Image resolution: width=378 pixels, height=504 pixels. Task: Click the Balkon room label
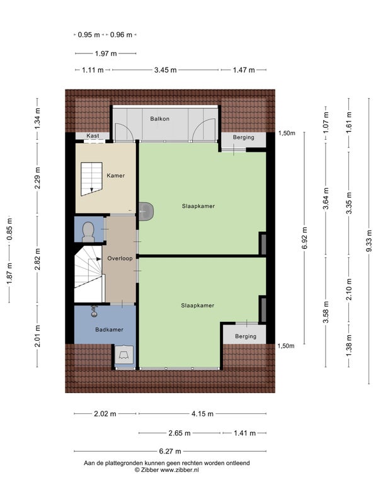pyautogui.click(x=160, y=118)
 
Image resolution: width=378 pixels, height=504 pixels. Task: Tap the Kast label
pyautogui.click(x=93, y=135)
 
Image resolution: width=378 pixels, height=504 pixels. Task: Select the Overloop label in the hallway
pyautogui.click(x=120, y=258)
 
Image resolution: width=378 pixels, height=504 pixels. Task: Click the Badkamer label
pyautogui.click(x=109, y=329)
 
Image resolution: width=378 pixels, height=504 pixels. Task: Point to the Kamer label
pyautogui.click(x=116, y=176)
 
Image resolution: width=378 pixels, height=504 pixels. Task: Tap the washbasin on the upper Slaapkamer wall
pyautogui.click(x=146, y=212)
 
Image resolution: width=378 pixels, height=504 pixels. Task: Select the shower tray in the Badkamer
pyautogui.click(x=124, y=355)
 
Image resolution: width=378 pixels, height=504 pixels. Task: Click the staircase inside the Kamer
pyautogui.click(x=91, y=179)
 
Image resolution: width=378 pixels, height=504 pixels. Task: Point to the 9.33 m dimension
pyautogui.click(x=369, y=241)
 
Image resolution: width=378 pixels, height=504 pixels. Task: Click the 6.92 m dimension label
pyautogui.click(x=305, y=238)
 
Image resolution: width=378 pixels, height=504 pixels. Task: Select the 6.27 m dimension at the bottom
pyautogui.click(x=170, y=451)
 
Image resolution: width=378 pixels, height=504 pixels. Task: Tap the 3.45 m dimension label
pyautogui.click(x=165, y=70)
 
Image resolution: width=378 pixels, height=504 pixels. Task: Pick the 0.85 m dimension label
pyautogui.click(x=9, y=229)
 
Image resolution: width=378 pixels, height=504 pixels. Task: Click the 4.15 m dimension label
pyautogui.click(x=202, y=414)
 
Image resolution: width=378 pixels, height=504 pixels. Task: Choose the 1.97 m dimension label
pyautogui.click(x=106, y=54)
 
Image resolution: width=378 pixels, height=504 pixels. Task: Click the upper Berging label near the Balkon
pyautogui.click(x=244, y=137)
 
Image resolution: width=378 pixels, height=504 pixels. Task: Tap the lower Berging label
pyautogui.click(x=246, y=336)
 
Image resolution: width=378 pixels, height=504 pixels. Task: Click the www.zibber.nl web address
pyautogui.click(x=180, y=469)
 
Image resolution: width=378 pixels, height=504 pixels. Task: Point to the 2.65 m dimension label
pyautogui.click(x=180, y=433)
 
